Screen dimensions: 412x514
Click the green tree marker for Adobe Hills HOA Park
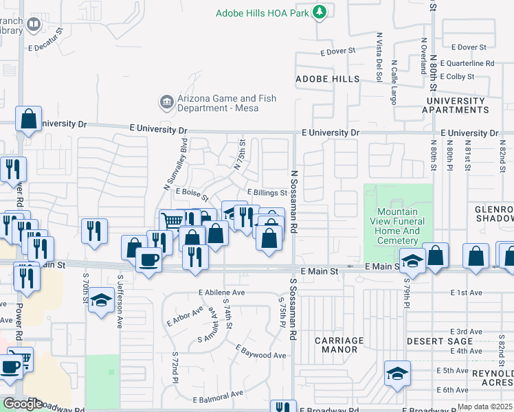tap(319, 12)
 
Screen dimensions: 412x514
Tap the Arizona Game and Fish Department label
tap(226, 104)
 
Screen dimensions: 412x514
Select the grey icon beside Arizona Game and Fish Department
tap(166, 103)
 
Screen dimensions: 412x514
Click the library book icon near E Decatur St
tap(32, 25)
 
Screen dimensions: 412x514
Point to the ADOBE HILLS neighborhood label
tap(328, 80)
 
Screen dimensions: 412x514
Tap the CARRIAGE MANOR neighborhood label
tap(339, 345)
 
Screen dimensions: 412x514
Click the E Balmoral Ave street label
tap(218, 397)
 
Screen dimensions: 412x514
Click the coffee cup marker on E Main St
tap(148, 260)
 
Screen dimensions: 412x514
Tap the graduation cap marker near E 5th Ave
tap(397, 373)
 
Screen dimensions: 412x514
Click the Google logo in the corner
tap(22, 404)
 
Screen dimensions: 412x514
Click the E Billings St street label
tap(266, 193)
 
